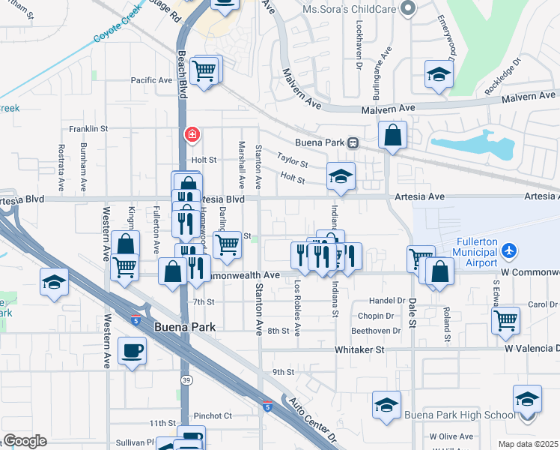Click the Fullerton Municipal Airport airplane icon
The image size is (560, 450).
[x=509, y=250]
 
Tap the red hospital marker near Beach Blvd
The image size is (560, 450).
[x=192, y=134]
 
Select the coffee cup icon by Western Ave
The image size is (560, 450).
[x=133, y=350]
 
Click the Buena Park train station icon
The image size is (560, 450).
[x=353, y=142]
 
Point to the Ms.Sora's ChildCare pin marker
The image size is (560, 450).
[x=407, y=7]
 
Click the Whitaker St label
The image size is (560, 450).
[x=359, y=349]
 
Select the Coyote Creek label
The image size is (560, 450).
[x=116, y=34]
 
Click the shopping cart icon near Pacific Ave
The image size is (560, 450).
[x=204, y=70]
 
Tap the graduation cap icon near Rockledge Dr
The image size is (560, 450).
[x=439, y=73]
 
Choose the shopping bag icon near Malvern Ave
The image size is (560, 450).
[x=392, y=135]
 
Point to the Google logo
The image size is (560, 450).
[x=25, y=441]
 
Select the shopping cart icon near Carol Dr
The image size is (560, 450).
[x=505, y=319]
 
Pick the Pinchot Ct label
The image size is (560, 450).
[x=213, y=415]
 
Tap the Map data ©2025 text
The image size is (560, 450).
[x=529, y=444]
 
